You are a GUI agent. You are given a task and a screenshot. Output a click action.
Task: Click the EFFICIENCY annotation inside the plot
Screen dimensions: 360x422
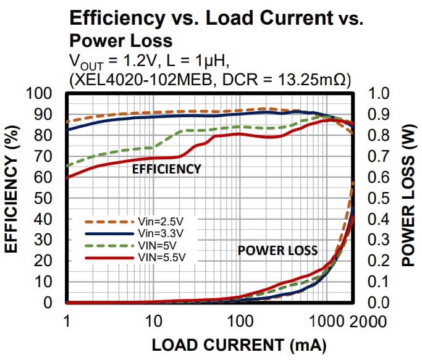pos(167,169)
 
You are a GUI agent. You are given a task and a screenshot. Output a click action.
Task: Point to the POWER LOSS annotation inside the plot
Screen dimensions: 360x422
pos(278,250)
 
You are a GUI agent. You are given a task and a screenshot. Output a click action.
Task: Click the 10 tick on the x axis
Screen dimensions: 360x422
pos(153,322)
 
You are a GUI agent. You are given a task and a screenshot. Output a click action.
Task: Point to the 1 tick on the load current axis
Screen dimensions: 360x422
pos(66,322)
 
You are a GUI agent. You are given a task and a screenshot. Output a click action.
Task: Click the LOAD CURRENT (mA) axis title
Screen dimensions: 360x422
pos(239,345)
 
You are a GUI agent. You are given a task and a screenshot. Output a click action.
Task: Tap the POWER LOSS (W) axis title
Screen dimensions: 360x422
pos(408,199)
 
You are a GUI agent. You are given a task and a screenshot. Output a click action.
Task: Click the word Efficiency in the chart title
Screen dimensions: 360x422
pos(111,18)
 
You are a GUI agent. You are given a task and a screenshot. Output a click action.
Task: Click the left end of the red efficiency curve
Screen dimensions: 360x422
pos(67,177)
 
